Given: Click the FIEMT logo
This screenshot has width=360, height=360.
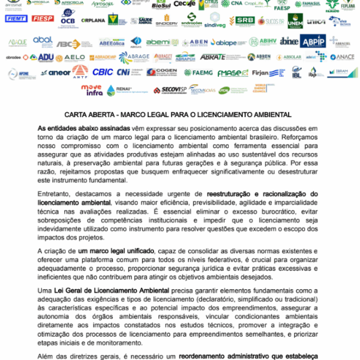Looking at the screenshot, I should [x=17, y=19].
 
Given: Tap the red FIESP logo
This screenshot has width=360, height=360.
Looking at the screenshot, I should [x=43, y=19].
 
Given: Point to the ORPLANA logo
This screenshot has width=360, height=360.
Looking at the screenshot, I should [x=93, y=20].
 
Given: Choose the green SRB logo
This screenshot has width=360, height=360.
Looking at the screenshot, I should [x=244, y=20].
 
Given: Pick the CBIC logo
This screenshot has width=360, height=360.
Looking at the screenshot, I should [x=103, y=73].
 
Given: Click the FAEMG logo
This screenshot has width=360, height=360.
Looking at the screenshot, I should [x=198, y=73].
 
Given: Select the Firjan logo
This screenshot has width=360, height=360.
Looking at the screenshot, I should [x=262, y=73].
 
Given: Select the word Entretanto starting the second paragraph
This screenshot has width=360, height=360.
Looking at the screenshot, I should [x=56, y=195].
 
